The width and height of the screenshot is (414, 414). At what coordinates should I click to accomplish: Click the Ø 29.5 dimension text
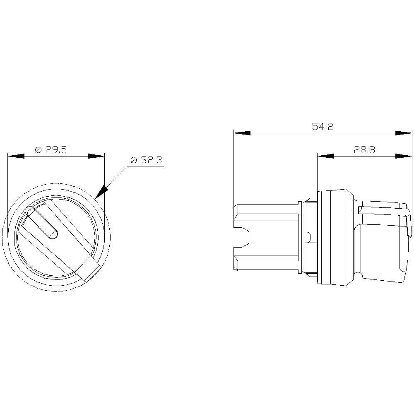(x=51, y=150)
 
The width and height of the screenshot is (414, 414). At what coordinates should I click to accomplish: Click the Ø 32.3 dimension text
(x=146, y=160)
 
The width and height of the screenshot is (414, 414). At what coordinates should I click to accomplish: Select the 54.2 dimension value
(x=323, y=127)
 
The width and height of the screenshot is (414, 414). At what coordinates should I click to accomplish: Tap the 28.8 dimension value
(x=364, y=150)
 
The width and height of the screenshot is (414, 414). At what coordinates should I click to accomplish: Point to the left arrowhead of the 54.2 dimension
(x=242, y=133)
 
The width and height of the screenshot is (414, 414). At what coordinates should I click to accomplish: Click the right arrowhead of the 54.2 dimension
(x=403, y=133)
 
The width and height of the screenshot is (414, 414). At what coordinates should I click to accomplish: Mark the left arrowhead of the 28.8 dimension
(x=325, y=156)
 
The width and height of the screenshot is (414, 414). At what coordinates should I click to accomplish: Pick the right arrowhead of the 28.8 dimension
(x=403, y=156)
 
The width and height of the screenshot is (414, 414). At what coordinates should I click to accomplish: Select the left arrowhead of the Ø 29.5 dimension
(x=16, y=156)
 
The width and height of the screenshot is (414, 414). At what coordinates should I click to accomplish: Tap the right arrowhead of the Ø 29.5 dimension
(x=96, y=156)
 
